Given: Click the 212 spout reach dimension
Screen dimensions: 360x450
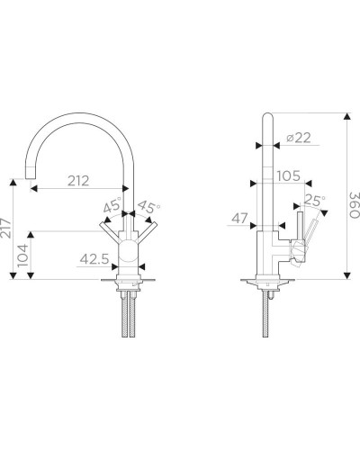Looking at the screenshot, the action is [78, 181].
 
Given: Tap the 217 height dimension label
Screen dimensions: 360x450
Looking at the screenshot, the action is [5, 229].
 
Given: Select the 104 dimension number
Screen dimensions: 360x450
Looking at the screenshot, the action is [22, 256].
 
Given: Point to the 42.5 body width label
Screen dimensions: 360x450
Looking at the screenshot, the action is [94, 259].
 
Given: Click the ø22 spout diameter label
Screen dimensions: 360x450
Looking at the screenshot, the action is [299, 138].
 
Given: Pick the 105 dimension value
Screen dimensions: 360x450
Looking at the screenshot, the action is [288, 176].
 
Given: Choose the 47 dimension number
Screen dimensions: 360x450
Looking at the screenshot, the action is [239, 219].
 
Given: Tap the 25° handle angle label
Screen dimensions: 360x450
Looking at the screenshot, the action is [314, 201].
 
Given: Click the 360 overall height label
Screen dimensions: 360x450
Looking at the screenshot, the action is [354, 205].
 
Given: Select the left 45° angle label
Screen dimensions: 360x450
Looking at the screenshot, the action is [112, 205].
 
